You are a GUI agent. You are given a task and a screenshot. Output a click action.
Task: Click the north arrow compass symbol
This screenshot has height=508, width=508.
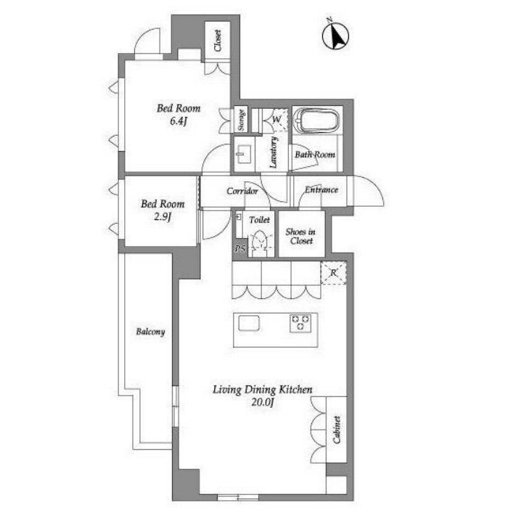[335, 36]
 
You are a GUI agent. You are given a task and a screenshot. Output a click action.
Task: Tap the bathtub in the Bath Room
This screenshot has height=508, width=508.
[316, 120]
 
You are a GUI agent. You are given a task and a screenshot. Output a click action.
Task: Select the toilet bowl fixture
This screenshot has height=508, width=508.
[261, 242]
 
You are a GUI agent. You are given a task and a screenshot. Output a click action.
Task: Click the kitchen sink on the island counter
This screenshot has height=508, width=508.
[249, 323]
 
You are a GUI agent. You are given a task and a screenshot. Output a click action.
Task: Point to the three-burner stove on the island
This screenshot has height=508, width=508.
[300, 323]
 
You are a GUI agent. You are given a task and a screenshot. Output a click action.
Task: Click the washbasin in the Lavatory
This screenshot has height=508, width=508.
[244, 154]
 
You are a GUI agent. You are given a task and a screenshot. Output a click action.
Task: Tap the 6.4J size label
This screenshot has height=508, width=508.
[179, 121]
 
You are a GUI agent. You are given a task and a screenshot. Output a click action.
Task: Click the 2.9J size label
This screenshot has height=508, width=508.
[163, 216]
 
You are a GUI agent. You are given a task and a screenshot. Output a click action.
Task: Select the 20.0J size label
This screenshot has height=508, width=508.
[263, 402]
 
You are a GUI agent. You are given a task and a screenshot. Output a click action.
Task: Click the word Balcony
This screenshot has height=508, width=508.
[150, 332]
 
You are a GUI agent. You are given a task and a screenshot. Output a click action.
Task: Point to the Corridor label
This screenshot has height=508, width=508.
[242, 191]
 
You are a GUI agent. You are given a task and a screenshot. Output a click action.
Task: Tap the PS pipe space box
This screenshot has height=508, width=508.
[240, 248]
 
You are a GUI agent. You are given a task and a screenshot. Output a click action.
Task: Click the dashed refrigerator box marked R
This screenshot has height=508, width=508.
[333, 273]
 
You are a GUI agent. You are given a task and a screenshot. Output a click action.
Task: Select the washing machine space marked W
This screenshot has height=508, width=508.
[276, 120]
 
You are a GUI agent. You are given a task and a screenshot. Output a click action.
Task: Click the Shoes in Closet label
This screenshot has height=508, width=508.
[300, 236]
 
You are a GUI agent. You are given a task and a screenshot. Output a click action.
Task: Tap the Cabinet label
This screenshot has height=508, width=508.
[336, 430]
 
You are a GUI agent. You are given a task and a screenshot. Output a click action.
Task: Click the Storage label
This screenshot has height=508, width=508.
[241, 120]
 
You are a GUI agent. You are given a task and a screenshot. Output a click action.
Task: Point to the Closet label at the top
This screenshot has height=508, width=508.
[218, 40]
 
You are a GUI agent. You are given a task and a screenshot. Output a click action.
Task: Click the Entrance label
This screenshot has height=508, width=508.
[321, 189]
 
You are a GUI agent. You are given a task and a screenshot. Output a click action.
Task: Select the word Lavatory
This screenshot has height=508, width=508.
[273, 152]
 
